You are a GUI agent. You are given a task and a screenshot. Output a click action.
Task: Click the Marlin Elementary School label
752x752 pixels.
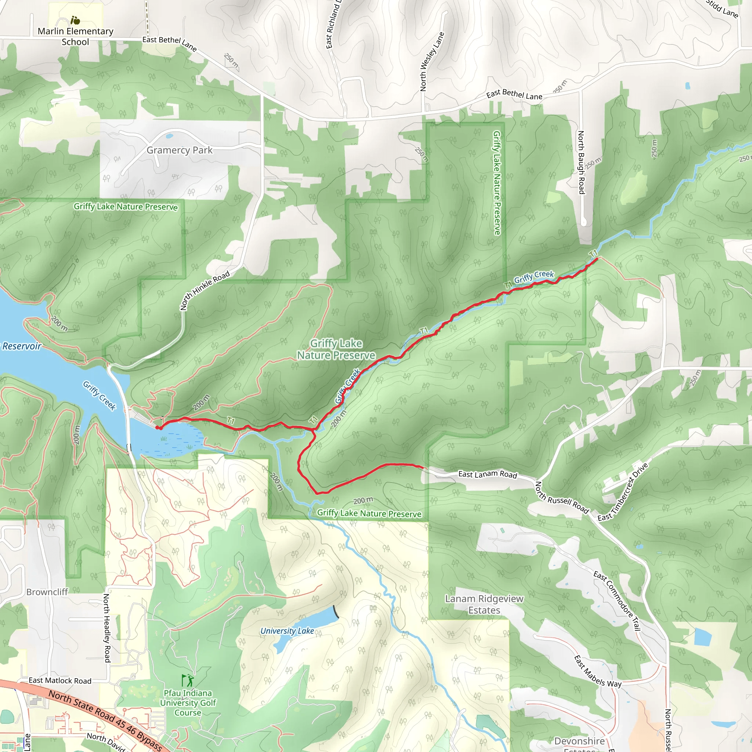(x=76, y=36)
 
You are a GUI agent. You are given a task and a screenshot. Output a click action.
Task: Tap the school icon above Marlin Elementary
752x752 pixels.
(x=75, y=20)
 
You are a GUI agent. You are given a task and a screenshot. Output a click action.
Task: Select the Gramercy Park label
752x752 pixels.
(x=180, y=150)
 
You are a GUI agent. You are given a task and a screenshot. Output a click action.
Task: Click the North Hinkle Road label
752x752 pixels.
(x=205, y=290)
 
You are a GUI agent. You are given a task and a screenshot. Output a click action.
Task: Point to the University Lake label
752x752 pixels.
(x=287, y=631)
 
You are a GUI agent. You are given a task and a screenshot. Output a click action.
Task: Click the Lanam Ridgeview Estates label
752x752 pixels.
(x=484, y=604)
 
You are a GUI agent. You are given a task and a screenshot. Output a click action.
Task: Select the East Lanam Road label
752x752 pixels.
(x=487, y=474)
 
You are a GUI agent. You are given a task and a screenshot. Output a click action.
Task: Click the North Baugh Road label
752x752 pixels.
(x=581, y=162)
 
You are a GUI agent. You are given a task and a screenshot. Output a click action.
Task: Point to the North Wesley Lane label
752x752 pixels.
(x=432, y=61)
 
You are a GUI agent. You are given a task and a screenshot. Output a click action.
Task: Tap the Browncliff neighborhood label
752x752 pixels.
(x=47, y=592)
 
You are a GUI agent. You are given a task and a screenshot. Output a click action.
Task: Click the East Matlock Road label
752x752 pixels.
(x=60, y=681)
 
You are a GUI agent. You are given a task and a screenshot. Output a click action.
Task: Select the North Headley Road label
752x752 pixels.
(x=106, y=628)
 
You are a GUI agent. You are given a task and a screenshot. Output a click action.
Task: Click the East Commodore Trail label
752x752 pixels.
(x=617, y=601)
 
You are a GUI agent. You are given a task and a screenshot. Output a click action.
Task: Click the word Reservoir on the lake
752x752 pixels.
(x=22, y=346)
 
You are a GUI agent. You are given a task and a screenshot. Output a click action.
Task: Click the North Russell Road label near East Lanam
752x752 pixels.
(x=562, y=498)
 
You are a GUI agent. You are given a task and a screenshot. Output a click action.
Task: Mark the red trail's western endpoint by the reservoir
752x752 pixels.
(x=157, y=428)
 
